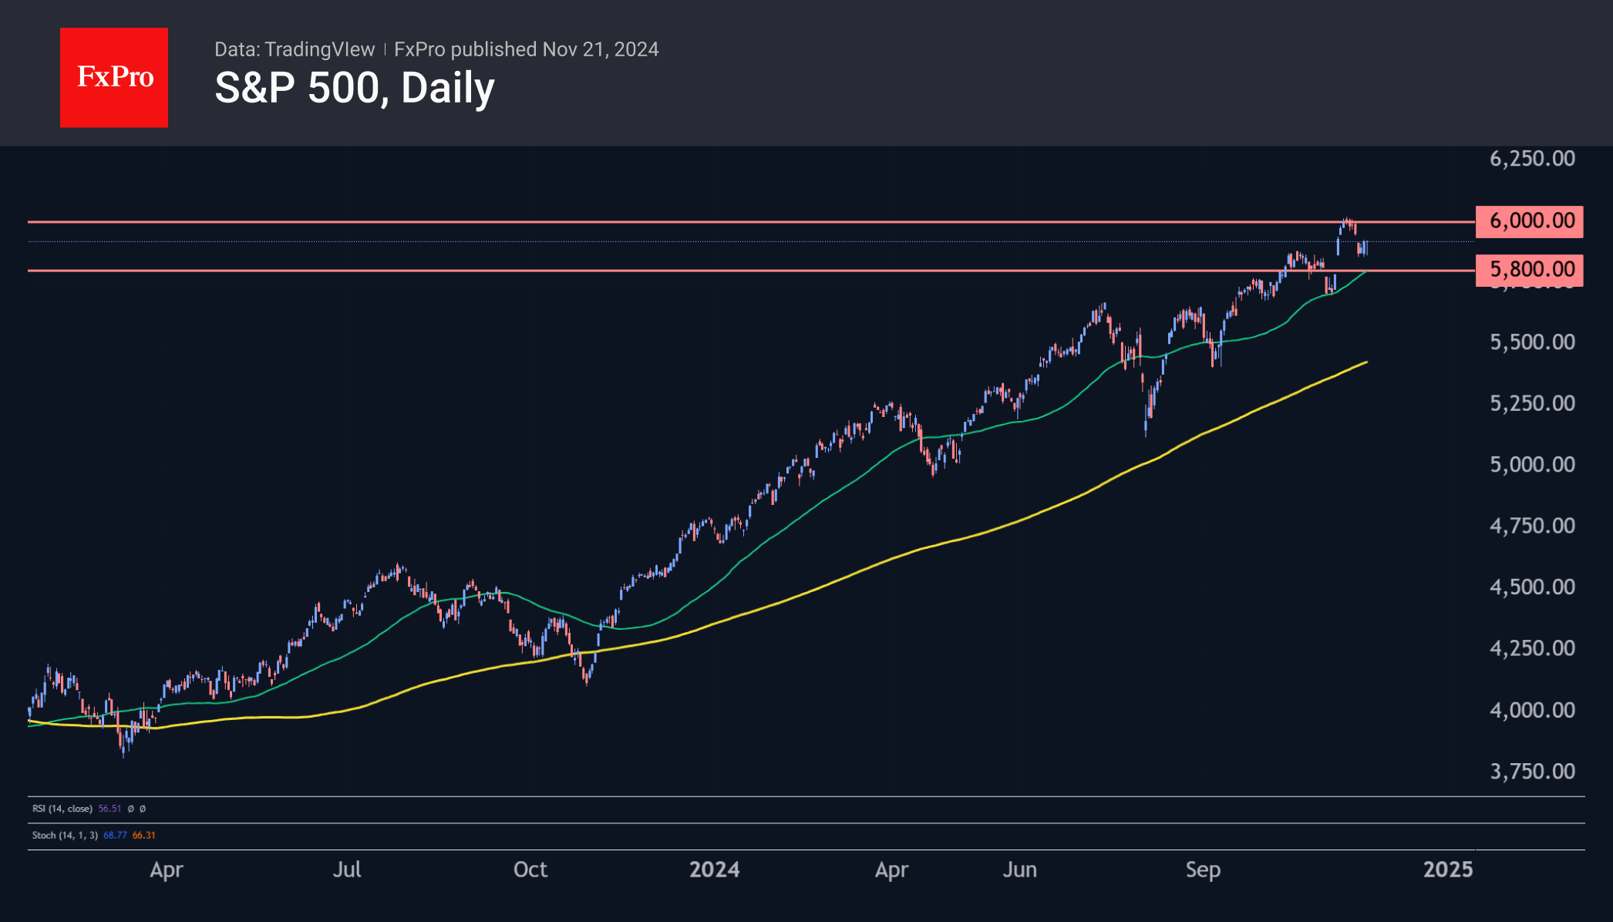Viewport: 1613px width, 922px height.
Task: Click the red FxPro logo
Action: pos(114,77)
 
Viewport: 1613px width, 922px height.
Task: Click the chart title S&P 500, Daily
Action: pos(354,88)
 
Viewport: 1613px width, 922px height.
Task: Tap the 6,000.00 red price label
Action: pos(1530,221)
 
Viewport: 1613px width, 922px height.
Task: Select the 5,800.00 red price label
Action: pos(1530,269)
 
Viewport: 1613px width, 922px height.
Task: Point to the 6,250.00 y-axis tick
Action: pos(1532,159)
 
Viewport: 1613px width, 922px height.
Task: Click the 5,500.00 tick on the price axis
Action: pos(1532,342)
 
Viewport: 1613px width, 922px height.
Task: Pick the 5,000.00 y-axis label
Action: pos(1532,465)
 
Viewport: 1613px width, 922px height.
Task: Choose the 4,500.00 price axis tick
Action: pos(1532,587)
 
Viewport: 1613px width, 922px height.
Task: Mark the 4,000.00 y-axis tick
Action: pos(1532,710)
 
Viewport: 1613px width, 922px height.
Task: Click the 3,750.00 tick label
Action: pos(1532,772)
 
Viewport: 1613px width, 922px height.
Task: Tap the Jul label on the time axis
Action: pos(347,870)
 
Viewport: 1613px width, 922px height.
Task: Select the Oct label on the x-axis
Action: pos(530,870)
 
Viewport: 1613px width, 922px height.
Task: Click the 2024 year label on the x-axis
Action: pos(714,870)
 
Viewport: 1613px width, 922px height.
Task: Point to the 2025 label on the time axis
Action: pos(1447,870)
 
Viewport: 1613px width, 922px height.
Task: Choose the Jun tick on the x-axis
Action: pos(1019,870)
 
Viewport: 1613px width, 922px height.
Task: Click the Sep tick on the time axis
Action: pos(1203,870)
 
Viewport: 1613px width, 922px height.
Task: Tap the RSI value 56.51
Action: pos(109,809)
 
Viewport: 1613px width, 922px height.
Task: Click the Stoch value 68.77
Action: pos(115,836)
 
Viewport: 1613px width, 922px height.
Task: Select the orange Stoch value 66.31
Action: pos(144,836)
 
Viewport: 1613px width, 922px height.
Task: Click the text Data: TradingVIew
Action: pos(295,49)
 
